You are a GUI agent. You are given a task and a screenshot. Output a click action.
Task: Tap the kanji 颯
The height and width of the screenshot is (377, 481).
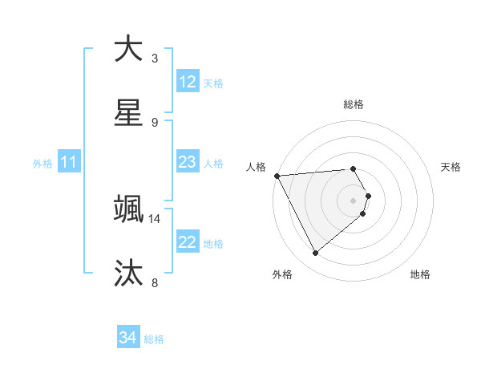click(128, 209)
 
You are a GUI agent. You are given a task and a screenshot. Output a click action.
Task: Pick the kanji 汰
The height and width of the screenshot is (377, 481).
click(128, 273)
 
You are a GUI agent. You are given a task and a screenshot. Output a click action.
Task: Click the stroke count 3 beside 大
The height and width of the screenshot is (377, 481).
click(155, 58)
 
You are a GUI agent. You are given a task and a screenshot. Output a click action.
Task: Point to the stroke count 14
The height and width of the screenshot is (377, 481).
click(155, 218)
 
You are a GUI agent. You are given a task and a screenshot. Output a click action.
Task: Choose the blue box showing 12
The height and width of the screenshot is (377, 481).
click(188, 82)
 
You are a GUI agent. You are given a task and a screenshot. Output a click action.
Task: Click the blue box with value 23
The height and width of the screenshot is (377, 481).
click(188, 162)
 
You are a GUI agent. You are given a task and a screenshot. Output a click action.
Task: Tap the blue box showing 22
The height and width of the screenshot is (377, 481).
click(188, 242)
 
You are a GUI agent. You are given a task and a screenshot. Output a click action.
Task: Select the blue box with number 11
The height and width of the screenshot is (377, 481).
click(69, 163)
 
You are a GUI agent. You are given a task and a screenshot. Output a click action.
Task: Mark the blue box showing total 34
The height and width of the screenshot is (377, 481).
click(128, 338)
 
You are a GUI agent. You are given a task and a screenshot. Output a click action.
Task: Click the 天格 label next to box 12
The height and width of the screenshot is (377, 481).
click(213, 83)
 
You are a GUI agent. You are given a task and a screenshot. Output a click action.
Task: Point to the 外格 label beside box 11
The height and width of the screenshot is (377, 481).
click(42, 164)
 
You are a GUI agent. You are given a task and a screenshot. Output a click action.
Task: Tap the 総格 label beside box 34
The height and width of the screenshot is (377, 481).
click(154, 339)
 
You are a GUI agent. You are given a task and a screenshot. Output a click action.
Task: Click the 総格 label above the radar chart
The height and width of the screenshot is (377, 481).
click(354, 104)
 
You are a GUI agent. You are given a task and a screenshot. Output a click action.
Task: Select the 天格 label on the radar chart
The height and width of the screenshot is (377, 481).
click(451, 167)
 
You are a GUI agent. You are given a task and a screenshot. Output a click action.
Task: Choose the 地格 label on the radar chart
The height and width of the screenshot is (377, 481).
click(420, 274)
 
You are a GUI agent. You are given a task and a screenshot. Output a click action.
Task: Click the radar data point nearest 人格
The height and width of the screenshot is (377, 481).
click(277, 176)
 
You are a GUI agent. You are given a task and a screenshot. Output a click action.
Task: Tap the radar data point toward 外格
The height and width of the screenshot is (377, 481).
click(315, 253)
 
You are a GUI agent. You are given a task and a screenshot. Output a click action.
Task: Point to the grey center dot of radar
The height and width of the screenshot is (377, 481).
click(354, 200)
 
